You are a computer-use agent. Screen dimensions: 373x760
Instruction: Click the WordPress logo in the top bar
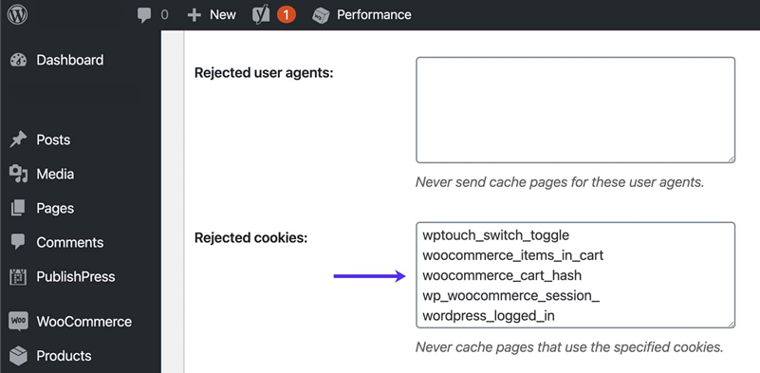click(x=17, y=14)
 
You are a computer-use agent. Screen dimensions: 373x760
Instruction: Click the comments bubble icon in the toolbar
click(x=144, y=14)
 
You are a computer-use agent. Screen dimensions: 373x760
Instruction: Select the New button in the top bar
click(x=212, y=14)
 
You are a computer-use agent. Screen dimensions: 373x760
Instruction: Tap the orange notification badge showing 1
click(x=286, y=15)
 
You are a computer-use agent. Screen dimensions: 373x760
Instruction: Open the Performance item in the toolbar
click(x=362, y=14)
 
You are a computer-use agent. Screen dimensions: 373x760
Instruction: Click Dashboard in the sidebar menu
click(x=69, y=60)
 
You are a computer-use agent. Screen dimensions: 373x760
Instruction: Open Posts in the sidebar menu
click(x=53, y=140)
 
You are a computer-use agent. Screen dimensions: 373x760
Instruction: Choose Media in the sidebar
click(x=55, y=174)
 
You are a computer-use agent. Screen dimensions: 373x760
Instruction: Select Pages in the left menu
click(x=55, y=208)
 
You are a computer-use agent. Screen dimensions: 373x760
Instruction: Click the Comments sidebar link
click(x=68, y=242)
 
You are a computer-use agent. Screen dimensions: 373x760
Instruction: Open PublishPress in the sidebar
click(x=75, y=276)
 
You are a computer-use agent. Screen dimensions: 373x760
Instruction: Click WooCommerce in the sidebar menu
click(x=83, y=322)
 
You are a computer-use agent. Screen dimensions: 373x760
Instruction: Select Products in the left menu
click(x=64, y=356)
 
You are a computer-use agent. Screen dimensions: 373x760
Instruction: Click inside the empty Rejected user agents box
click(x=575, y=109)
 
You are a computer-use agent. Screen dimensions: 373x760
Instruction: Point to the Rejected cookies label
click(x=250, y=237)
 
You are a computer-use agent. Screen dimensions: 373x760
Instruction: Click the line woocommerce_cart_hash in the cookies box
click(x=502, y=275)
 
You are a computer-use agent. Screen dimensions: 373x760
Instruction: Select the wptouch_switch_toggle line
click(x=495, y=234)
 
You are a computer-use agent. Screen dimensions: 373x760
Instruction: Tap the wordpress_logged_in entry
click(x=501, y=315)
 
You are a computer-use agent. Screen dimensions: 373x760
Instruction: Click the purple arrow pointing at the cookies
click(x=369, y=276)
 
